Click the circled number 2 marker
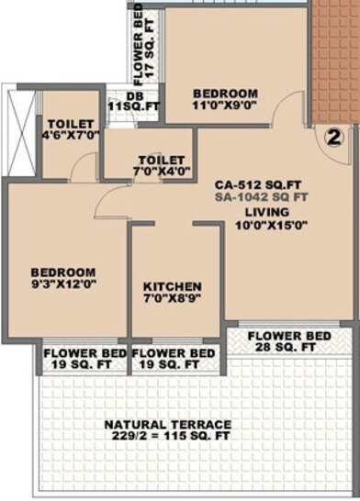tap(333, 138)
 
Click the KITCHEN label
tap(173, 286)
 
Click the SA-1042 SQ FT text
tap(261, 195)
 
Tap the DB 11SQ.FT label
tap(134, 102)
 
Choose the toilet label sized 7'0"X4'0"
tap(162, 163)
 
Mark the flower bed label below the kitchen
tap(174, 359)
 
